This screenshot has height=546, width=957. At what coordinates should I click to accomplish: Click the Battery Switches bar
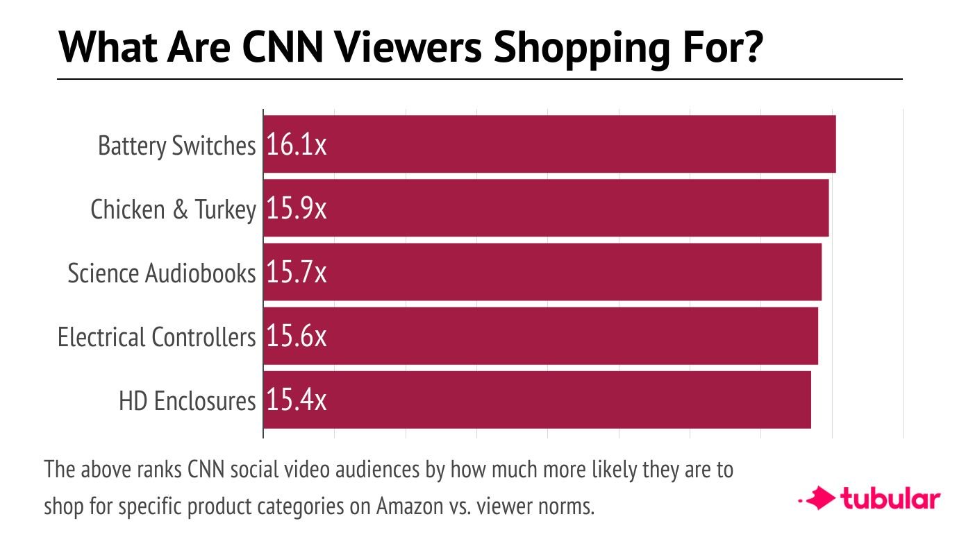[x=549, y=144]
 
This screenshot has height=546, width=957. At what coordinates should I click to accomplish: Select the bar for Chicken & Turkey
[x=546, y=208]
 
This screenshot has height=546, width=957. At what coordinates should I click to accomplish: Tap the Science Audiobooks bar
[x=542, y=272]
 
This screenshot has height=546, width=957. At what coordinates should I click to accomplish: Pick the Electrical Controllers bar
[x=541, y=336]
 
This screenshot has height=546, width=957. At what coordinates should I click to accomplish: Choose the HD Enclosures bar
[x=537, y=400]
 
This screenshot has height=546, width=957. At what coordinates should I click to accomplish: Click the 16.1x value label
[x=297, y=145]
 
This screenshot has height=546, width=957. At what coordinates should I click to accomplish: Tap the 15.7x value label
[x=297, y=273]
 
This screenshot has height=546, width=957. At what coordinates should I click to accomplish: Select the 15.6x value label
[x=297, y=336]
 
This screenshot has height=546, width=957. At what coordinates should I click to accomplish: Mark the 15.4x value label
[x=297, y=400]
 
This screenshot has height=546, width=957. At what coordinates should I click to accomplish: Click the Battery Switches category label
[x=177, y=146]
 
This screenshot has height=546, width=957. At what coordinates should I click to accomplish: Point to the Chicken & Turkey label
[x=173, y=210]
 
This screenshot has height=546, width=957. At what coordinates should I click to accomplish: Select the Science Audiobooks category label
[x=162, y=273]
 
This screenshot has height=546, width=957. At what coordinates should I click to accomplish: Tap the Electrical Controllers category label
[x=156, y=337]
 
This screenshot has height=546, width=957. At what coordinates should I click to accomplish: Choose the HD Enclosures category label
[x=187, y=401]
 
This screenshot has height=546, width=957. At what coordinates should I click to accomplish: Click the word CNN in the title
[x=283, y=47]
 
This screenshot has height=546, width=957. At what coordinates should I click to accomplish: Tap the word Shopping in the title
[x=582, y=49]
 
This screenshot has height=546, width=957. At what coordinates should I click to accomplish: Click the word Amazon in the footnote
[x=410, y=506]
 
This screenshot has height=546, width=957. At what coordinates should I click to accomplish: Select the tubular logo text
[x=890, y=499]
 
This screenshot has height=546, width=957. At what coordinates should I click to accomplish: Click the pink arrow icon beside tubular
[x=818, y=498]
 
